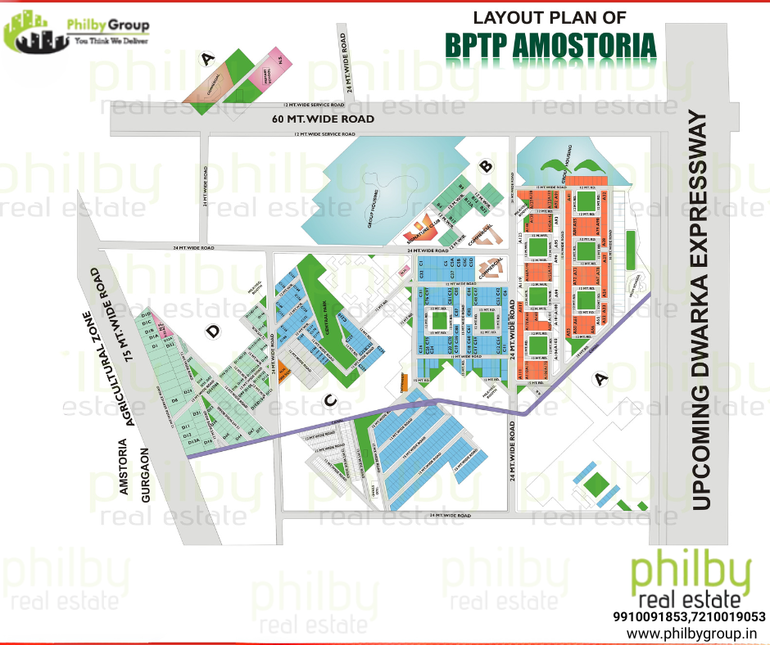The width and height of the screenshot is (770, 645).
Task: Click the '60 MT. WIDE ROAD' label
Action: pyautogui.click(x=323, y=120)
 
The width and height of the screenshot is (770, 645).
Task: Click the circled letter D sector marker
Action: pyautogui.click(x=214, y=332)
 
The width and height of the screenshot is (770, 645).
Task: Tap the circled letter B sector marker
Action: pyautogui.click(x=486, y=167)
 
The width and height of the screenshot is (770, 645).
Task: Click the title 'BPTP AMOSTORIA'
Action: pyautogui.click(x=550, y=47)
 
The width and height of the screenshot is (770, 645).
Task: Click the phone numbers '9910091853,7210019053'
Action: pyautogui.click(x=689, y=616)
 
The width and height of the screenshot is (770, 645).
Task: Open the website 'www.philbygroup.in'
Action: pyautogui.click(x=691, y=634)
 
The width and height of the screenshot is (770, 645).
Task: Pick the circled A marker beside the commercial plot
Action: pyautogui.click(x=207, y=59)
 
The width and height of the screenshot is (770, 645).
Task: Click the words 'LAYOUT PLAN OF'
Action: pyautogui.click(x=550, y=16)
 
